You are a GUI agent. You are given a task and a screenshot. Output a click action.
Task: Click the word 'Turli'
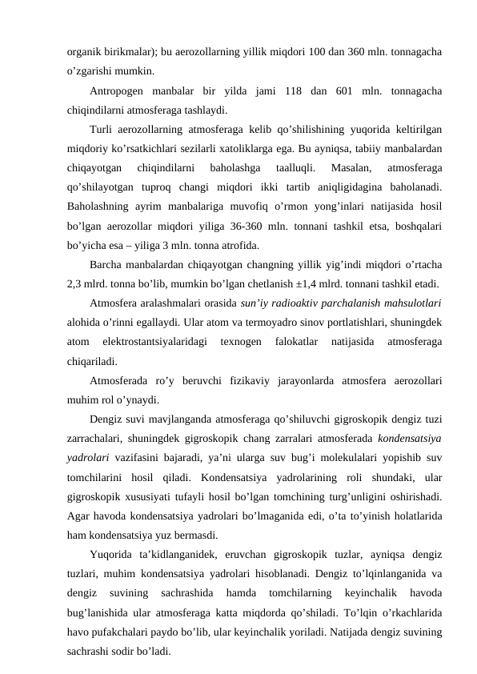point(102,129)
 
